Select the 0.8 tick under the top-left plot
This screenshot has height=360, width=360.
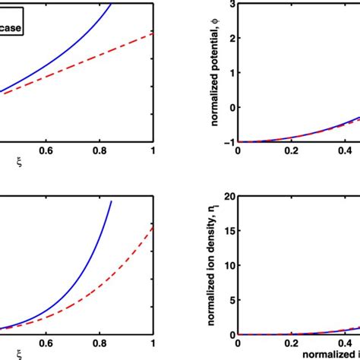coord(99,150)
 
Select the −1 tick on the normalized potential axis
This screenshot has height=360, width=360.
coord(228,142)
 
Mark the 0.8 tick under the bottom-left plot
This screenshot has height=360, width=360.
coord(99,343)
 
